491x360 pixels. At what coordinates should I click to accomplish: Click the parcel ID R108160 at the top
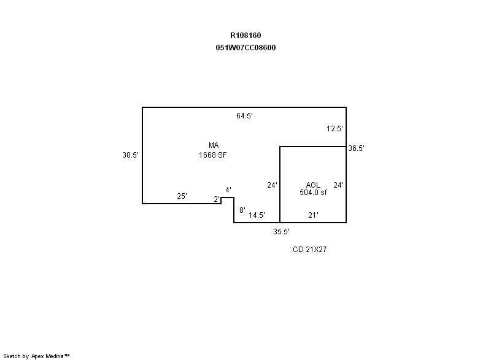245,36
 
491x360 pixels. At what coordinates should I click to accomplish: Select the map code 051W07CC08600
245,48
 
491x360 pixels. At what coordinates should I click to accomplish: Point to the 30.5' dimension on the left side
130,155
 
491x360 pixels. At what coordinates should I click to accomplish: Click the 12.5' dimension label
334,129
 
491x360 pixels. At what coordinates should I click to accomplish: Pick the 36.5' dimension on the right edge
357,148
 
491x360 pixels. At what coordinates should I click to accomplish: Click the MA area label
214,145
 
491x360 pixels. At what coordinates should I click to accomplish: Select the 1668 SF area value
214,155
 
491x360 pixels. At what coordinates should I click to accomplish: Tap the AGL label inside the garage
313,185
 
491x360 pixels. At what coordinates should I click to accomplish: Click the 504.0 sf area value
313,193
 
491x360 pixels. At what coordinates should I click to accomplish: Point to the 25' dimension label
182,196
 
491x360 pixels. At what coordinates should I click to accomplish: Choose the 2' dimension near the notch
217,199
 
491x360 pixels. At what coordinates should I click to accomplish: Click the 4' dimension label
228,190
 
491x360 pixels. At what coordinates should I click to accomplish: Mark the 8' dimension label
242,210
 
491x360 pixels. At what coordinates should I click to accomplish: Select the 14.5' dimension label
257,215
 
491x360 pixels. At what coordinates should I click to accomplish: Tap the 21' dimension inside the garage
313,215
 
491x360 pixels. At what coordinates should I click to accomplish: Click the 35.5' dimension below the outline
281,232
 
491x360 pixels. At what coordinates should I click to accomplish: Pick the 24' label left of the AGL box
273,185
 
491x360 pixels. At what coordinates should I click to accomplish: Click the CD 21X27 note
309,250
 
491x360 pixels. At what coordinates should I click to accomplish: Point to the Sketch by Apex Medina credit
37,356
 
